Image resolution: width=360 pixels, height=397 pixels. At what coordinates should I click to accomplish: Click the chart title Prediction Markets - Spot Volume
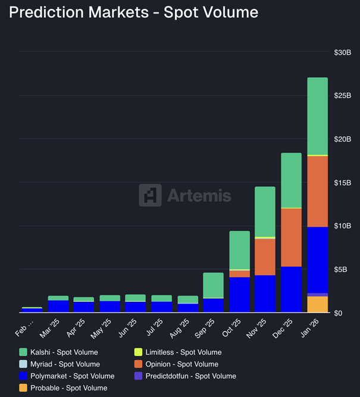[x=134, y=12]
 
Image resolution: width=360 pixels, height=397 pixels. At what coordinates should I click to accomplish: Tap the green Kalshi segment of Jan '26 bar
[x=317, y=116]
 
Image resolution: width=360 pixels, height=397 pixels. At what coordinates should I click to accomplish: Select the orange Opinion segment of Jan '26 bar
[x=317, y=191]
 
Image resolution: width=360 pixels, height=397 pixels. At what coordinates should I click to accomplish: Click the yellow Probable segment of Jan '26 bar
[x=317, y=305]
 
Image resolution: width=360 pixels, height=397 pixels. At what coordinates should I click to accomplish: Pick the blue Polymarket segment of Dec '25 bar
[x=292, y=289]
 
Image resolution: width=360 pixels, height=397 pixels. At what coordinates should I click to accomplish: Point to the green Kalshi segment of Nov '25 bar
[x=265, y=211]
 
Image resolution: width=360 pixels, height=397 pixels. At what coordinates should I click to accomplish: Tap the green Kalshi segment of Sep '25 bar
[x=213, y=285]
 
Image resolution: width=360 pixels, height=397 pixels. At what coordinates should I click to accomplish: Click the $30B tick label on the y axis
[x=342, y=52]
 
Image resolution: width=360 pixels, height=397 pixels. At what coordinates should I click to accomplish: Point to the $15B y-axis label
[x=342, y=183]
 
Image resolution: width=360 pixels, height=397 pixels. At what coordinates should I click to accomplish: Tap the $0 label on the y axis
[x=338, y=313]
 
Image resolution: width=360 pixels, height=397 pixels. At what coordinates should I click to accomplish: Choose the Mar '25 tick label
[x=54, y=327]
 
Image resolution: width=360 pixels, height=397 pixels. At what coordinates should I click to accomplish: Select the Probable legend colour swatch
[x=23, y=388]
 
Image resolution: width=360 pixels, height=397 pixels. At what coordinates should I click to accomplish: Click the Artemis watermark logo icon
[x=150, y=195]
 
